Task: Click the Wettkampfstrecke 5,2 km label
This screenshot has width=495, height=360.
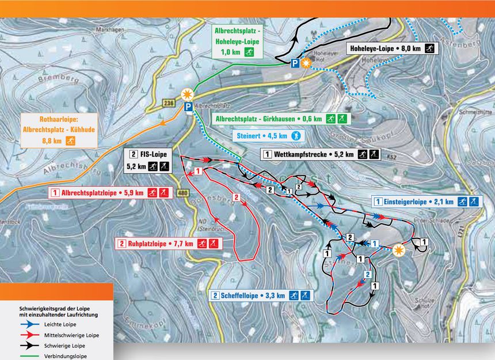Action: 321,154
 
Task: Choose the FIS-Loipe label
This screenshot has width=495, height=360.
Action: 148,161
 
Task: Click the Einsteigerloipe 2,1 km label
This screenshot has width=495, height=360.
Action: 427,202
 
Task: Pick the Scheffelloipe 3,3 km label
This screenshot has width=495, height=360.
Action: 261,295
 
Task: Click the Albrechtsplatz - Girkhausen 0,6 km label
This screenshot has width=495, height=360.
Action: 280,119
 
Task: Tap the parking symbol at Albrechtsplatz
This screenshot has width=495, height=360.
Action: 188,107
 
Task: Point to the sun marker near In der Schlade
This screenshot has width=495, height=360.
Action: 399,251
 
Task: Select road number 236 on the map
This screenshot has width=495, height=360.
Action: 168,103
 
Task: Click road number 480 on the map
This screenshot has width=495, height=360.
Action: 184,192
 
